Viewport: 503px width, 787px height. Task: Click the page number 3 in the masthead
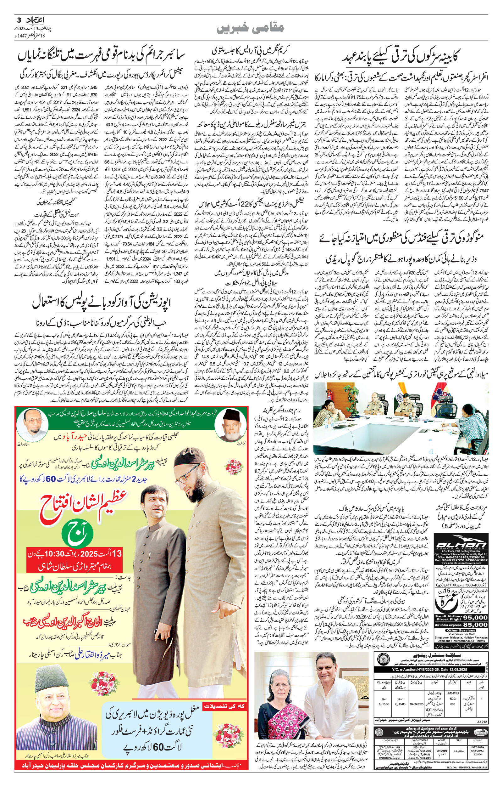19,20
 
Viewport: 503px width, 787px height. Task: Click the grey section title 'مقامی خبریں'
251,28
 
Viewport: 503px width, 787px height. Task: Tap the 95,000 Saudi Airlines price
475,617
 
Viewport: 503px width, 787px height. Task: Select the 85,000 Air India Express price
475,625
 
